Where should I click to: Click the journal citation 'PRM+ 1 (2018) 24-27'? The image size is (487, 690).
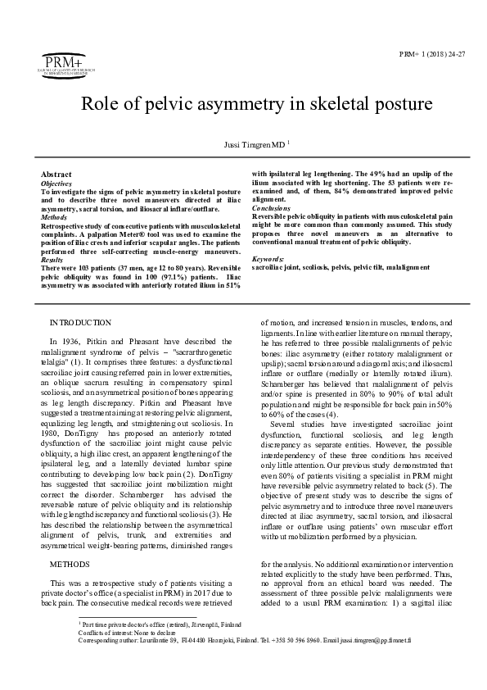point(432,53)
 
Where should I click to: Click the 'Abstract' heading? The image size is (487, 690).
point(56,175)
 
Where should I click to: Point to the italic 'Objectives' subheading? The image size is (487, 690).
point(56,184)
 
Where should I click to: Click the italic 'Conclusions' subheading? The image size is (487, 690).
point(270,208)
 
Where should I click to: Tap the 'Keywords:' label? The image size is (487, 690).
point(268,259)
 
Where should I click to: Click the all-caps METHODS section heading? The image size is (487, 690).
point(69,565)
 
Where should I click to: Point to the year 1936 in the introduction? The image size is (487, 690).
point(68,340)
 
